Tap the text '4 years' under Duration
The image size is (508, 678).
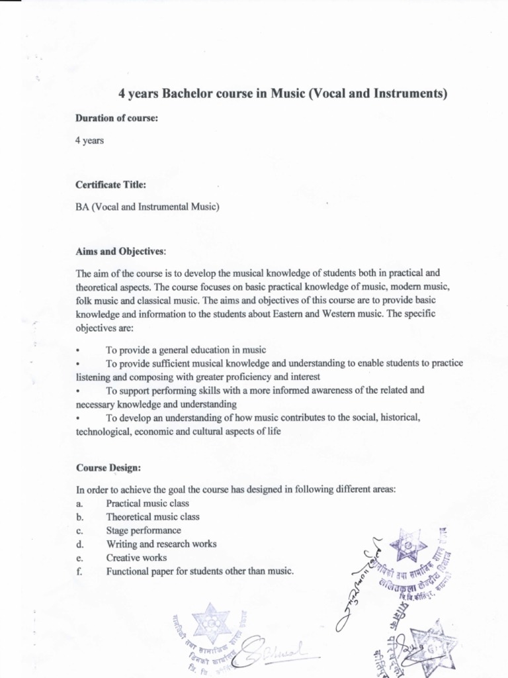coord(89,140)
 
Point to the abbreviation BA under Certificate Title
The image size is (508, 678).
coord(82,207)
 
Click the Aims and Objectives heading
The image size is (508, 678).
coord(121,251)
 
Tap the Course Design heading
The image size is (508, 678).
coord(108,467)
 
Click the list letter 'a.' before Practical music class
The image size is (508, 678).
coord(79,503)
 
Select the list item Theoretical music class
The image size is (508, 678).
coord(153,516)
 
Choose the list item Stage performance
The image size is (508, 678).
coord(144,530)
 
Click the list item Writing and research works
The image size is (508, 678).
coord(161,544)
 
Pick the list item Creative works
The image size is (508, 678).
coord(136,557)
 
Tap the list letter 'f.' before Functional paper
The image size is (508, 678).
coord(79,571)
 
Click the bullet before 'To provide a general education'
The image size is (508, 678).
coord(78,350)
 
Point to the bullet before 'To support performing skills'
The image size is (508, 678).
coord(78,391)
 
